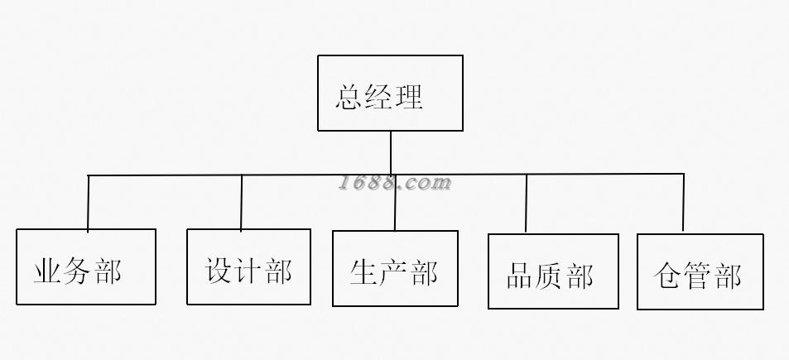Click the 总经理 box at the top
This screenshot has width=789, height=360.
coord(390,93)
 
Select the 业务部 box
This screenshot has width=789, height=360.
coord(86,266)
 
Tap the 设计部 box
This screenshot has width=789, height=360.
coord(248,266)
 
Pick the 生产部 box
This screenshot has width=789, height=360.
coord(394,268)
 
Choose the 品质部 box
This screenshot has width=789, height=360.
coord(553,271)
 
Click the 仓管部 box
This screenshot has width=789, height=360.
coord(700,271)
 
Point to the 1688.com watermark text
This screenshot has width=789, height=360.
coord(394,183)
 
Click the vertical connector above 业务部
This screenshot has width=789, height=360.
coord(88,202)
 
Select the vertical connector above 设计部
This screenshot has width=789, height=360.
coord(242,202)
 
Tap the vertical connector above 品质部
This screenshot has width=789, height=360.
coord(527,204)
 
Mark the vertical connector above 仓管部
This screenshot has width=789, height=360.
coord(683,203)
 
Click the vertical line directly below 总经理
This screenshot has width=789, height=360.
coord(391,152)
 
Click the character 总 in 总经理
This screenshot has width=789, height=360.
coord(350,97)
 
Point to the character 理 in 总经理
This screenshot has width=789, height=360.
coord(410,97)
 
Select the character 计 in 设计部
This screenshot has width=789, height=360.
coord(248,271)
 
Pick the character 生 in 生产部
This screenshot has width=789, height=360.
coord(363,271)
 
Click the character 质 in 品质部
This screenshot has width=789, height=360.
coord(551,276)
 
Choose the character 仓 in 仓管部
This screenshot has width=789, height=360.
coord(667,276)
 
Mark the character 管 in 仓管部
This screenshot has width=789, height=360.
coord(698,276)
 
